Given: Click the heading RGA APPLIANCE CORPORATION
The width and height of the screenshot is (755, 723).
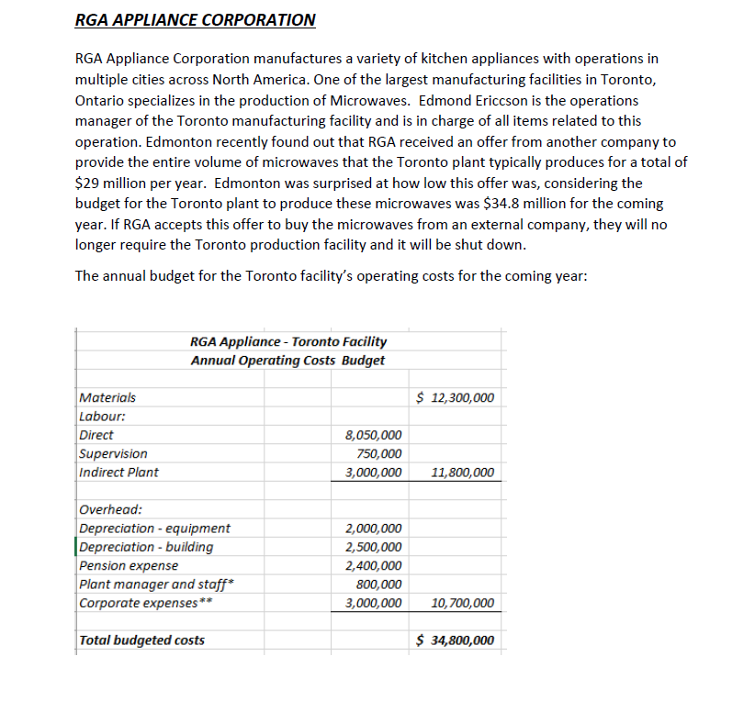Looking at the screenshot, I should (x=195, y=19).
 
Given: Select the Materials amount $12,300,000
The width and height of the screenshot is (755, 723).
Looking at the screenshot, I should (x=455, y=397).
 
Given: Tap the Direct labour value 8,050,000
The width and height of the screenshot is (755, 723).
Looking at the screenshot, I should (x=372, y=435).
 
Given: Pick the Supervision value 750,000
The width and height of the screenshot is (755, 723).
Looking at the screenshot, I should (x=378, y=453).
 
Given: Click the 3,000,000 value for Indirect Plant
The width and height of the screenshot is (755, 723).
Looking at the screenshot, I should (x=372, y=473).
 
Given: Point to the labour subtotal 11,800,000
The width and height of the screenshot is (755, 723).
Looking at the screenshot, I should (x=462, y=473).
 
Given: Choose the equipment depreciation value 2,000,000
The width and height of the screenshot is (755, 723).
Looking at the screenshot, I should (x=372, y=528).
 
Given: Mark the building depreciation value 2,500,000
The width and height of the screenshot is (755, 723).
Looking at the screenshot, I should (x=372, y=547).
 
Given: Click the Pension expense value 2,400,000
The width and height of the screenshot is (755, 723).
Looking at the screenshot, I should (x=372, y=566).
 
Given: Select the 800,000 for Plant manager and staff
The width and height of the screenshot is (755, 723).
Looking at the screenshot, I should (x=378, y=584).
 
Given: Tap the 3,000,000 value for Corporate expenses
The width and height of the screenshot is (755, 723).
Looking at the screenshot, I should (x=372, y=604).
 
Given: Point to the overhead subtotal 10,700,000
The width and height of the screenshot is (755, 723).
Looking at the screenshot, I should (x=462, y=604).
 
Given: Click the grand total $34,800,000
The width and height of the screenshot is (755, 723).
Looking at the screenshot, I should (x=455, y=640).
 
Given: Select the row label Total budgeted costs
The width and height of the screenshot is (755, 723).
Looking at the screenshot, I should (x=142, y=640).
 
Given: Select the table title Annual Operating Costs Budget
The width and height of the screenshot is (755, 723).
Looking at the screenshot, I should (x=287, y=360).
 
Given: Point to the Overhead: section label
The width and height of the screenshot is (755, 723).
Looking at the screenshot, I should (x=111, y=509).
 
